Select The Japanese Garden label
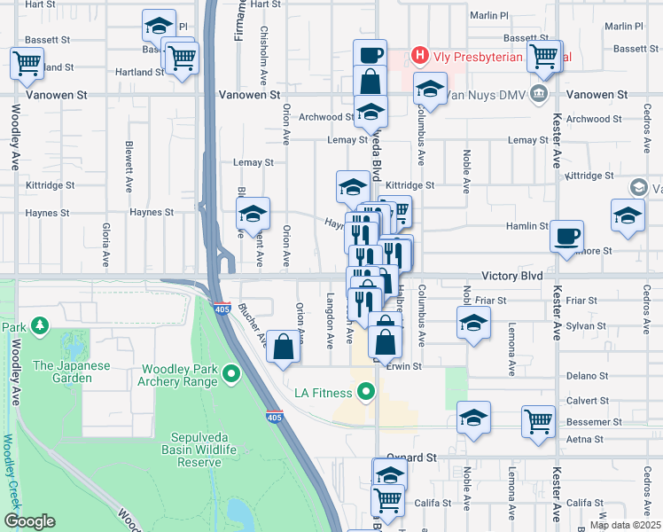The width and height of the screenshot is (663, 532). click(72, 372)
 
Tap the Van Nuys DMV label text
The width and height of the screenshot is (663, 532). click(482, 93)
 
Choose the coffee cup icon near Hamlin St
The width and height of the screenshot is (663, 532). click(567, 238)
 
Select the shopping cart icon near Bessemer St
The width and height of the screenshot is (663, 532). click(538, 421)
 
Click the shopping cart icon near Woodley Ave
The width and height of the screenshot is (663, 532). click(27, 64)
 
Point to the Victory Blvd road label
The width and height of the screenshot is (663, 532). click(513, 276)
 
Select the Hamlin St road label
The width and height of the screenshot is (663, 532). click(527, 226)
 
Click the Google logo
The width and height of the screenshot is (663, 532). click(30, 521)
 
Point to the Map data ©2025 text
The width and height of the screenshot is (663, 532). click(625, 526)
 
